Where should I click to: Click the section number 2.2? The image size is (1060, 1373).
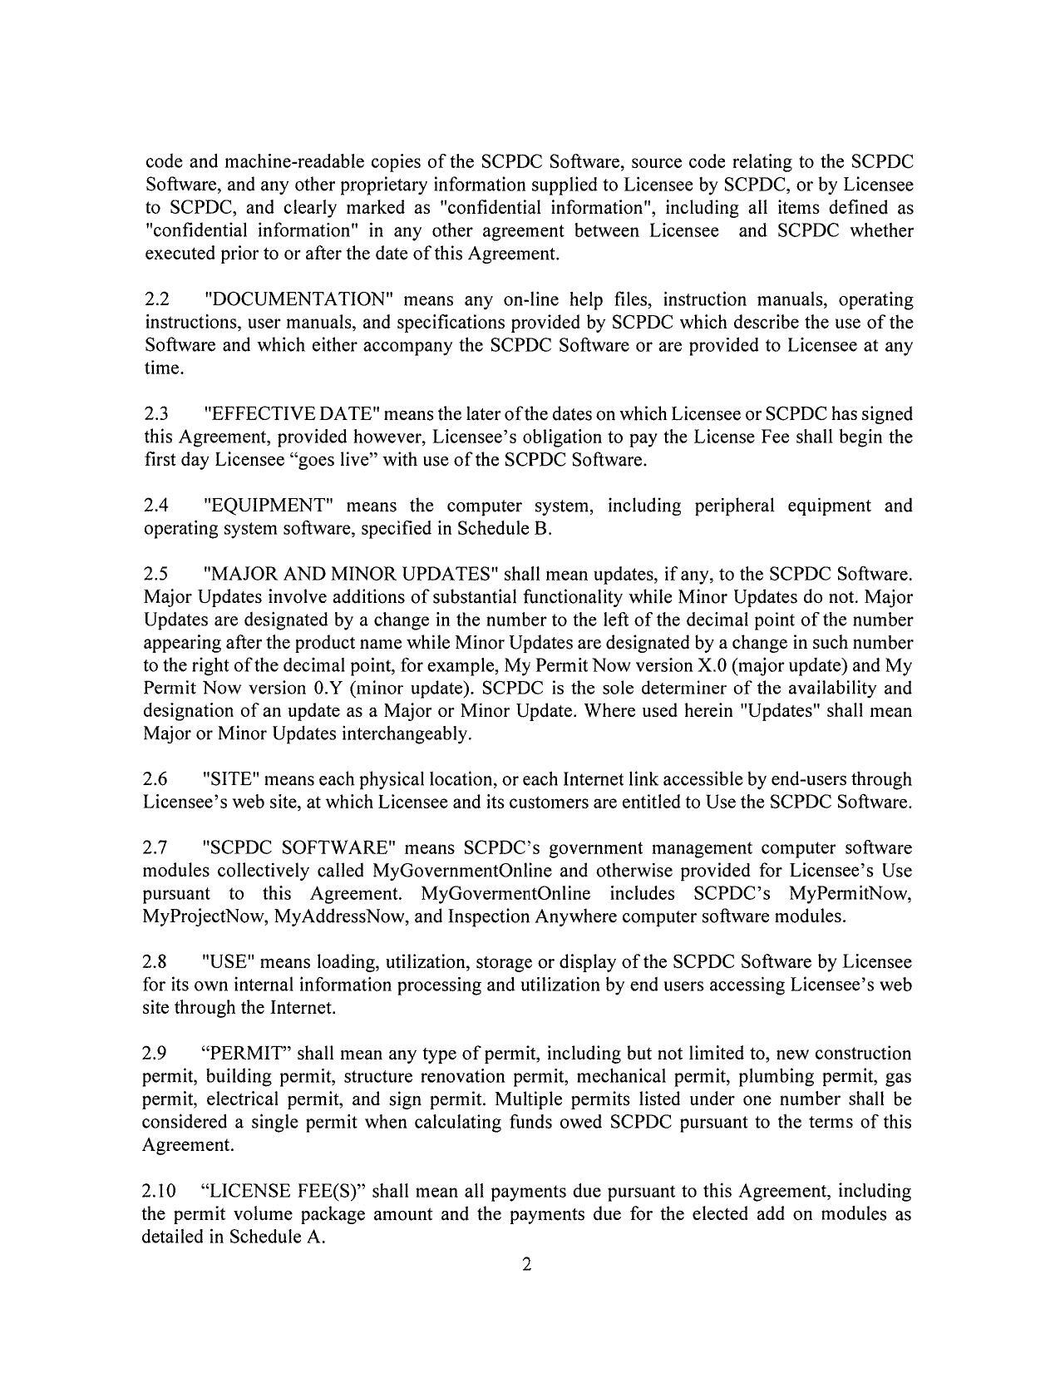pos(156,299)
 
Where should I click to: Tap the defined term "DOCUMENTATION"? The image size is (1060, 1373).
pos(297,299)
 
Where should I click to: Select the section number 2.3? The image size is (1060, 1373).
pos(156,414)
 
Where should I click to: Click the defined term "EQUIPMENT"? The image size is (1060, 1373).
pos(269,506)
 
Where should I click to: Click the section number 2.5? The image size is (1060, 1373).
pos(156,574)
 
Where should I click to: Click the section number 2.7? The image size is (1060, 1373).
pos(156,847)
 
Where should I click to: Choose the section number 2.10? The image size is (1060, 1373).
pos(160,1191)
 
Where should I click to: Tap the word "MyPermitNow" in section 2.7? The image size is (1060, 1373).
pos(850,893)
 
